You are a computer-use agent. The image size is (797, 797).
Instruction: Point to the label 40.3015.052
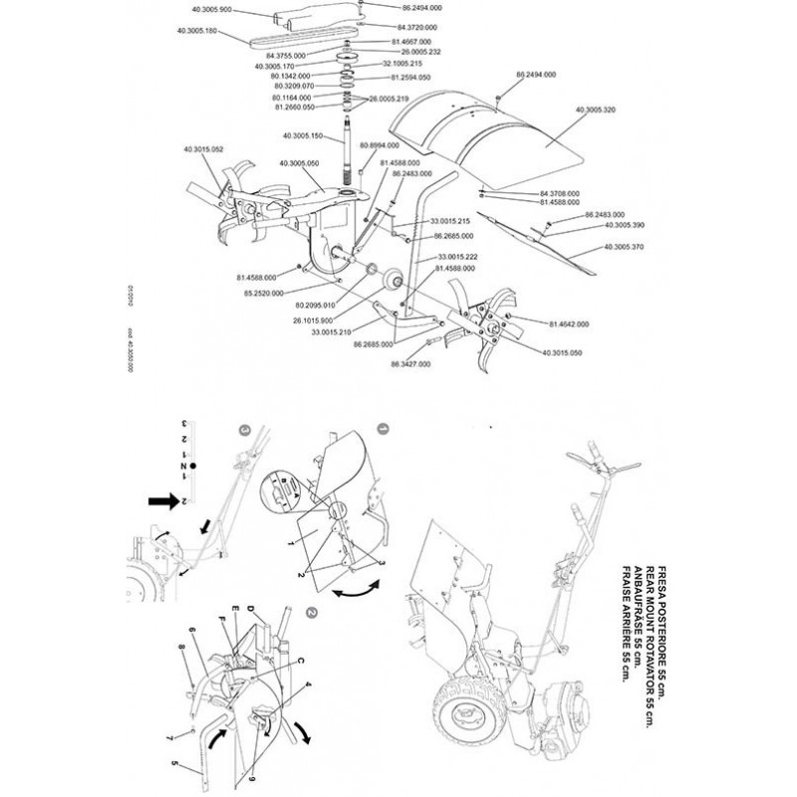click(202, 148)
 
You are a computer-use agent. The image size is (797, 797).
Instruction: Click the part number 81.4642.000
click(569, 323)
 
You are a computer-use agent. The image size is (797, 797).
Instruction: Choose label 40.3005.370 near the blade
click(625, 245)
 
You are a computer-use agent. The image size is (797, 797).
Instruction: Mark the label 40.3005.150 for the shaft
click(305, 135)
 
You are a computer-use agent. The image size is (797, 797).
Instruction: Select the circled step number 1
click(384, 430)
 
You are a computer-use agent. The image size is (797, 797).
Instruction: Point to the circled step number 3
click(246, 429)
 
